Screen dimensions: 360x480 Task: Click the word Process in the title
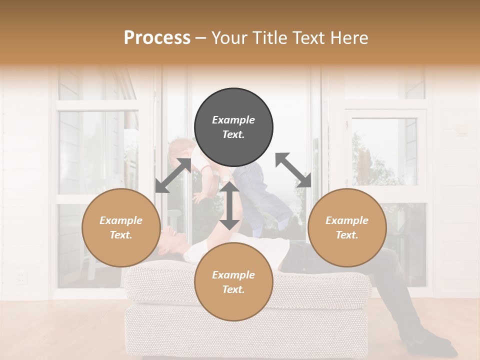pyautogui.click(x=157, y=37)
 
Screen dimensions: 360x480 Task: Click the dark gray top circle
pyautogui.click(x=233, y=127)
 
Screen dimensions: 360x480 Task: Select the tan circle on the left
pyautogui.click(x=121, y=227)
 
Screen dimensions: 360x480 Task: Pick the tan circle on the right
pyautogui.click(x=347, y=227)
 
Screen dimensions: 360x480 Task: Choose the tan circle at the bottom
pyautogui.click(x=233, y=281)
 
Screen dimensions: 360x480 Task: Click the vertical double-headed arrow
pyautogui.click(x=230, y=205)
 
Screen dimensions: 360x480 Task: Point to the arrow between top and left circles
pyautogui.click(x=173, y=175)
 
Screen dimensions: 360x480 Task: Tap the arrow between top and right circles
pyautogui.click(x=293, y=170)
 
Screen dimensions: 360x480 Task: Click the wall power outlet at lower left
pyautogui.click(x=21, y=277)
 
